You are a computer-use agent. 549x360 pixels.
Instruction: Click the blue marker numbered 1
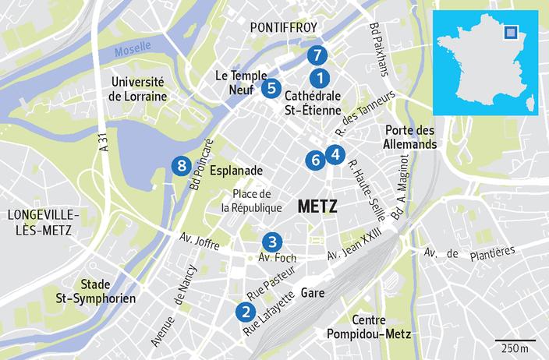pyautogui.click(x=319, y=78)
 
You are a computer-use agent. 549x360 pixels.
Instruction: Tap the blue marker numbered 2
pyautogui.click(x=246, y=312)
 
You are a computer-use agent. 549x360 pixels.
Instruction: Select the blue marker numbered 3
pyautogui.click(x=271, y=242)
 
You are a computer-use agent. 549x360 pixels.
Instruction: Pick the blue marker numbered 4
pyautogui.click(x=335, y=154)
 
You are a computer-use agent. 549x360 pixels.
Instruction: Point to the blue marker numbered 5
pyautogui.click(x=271, y=87)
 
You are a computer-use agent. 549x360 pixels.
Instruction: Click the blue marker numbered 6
pyautogui.click(x=315, y=160)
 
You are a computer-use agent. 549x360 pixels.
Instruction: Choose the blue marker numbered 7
pyautogui.click(x=316, y=55)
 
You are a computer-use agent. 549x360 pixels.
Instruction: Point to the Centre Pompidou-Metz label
pyautogui.click(x=381, y=328)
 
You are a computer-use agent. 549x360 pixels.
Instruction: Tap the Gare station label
pyautogui.click(x=313, y=294)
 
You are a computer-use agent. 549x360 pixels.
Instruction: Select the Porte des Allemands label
pyautogui.click(x=409, y=137)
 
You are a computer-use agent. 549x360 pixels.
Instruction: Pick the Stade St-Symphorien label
pyautogui.click(x=105, y=291)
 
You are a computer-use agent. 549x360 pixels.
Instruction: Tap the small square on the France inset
pyautogui.click(x=511, y=32)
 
